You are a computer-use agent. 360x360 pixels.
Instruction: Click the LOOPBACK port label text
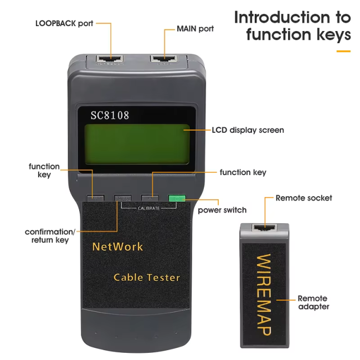(x=64, y=23)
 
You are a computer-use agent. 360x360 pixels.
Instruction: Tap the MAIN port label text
(x=195, y=28)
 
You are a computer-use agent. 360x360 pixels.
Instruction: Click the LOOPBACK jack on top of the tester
(x=109, y=58)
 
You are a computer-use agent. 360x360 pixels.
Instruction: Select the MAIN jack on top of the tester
(x=164, y=58)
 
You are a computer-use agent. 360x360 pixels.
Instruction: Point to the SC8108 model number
(x=110, y=115)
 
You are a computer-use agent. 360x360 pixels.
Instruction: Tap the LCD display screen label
(x=248, y=130)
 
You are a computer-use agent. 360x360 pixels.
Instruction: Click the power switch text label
(x=222, y=210)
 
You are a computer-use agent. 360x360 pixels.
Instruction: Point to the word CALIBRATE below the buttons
(x=148, y=208)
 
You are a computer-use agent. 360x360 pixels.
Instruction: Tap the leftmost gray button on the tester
(x=95, y=198)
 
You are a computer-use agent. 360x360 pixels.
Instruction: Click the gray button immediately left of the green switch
(x=149, y=198)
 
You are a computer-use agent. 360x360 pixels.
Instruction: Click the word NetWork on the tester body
(x=117, y=246)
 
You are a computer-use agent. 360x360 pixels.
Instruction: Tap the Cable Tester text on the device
(x=147, y=277)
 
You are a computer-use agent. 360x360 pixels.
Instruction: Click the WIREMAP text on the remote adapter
(x=264, y=294)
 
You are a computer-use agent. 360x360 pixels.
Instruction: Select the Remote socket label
(x=304, y=198)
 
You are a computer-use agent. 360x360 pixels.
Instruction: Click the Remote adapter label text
(x=313, y=302)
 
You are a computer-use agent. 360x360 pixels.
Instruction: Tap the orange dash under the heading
(x=343, y=51)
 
